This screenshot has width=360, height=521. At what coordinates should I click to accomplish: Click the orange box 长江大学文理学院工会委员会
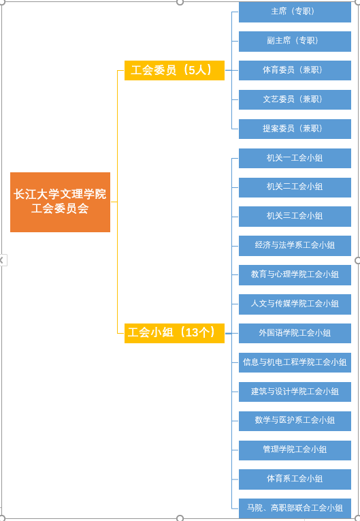coord(60,202)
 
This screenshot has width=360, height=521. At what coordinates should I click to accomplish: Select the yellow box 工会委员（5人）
coord(174,70)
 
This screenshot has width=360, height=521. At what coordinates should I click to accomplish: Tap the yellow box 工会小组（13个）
coord(174,333)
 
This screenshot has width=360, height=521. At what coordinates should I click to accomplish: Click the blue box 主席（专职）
coord(295,12)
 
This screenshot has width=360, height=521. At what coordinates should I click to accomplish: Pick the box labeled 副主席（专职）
coord(295,41)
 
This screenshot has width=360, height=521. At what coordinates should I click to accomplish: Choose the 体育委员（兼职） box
coord(295,70)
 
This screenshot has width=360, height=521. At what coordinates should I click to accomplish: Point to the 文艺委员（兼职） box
coord(295,99)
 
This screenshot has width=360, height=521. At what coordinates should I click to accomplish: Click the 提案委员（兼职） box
coord(295,129)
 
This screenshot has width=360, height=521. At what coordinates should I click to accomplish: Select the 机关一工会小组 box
coord(295,158)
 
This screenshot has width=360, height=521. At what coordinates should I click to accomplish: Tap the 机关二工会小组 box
coord(295,187)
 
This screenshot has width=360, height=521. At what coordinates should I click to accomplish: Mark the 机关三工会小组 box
coord(295,217)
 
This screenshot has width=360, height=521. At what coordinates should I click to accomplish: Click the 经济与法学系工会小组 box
coord(295,246)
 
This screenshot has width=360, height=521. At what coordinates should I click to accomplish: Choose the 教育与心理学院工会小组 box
coord(295,274)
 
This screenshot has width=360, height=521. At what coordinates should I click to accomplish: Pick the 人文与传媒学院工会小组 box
coord(295,304)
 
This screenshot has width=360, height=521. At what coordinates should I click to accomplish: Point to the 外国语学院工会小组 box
coord(295,333)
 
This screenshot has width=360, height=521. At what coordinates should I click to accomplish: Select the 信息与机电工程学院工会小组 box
coord(295,362)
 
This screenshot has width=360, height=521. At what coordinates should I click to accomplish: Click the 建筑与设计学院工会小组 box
coord(295,392)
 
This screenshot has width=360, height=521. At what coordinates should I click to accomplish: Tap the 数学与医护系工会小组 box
coord(295,421)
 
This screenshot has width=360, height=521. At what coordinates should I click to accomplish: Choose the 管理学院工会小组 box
coord(295,450)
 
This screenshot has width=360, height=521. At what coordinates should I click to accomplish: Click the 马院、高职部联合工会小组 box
coord(295,508)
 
